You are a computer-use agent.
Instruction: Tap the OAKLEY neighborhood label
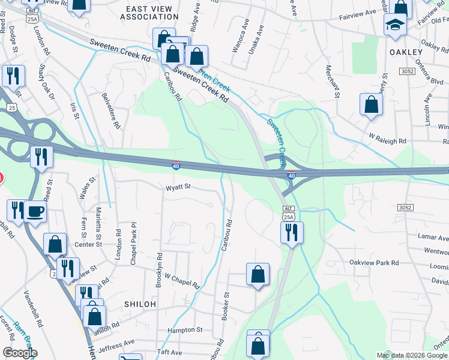406,52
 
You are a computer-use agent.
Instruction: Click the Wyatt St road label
178,187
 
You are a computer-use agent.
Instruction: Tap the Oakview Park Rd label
375,263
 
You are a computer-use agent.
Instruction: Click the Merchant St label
333,81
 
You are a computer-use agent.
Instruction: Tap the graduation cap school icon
395,25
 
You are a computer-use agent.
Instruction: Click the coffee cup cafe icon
35,212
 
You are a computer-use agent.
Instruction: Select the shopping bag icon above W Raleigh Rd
371,104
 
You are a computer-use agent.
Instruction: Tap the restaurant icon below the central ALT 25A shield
292,232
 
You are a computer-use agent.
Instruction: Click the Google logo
19,353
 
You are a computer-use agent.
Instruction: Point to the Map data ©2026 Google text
412,355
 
